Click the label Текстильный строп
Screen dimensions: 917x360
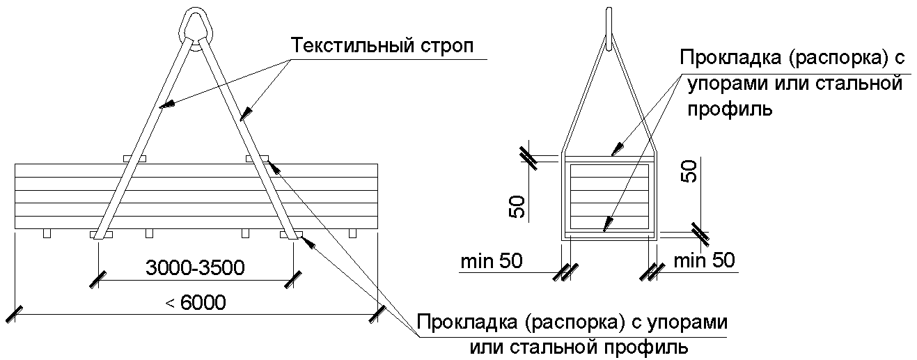(382, 47)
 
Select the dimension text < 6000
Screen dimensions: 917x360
(196, 303)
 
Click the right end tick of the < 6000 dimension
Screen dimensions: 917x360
(379, 314)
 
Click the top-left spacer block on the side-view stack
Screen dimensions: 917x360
(134, 159)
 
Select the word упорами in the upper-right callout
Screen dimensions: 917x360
(728, 85)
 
